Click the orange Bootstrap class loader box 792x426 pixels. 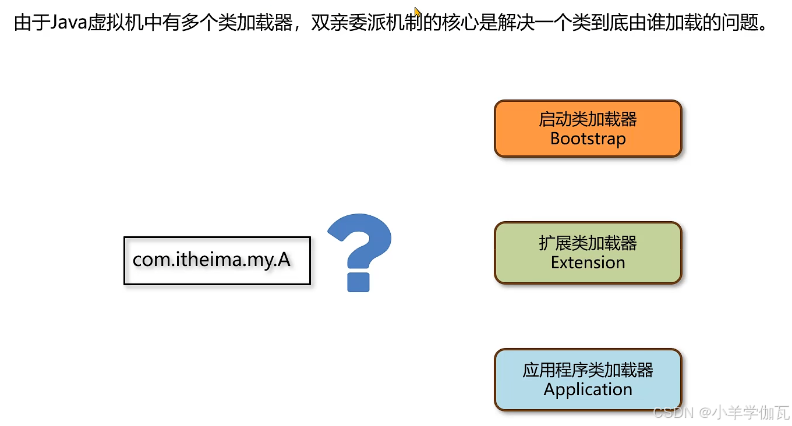click(588, 129)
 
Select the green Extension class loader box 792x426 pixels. click(588, 253)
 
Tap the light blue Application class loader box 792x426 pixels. click(588, 379)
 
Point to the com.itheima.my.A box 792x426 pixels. click(217, 260)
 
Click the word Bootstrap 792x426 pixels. click(588, 139)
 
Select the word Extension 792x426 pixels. click(588, 262)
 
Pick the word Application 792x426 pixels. click(588, 389)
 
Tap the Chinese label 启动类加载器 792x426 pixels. click(588, 119)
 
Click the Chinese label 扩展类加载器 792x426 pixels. click(588, 243)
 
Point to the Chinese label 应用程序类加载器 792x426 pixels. click(588, 370)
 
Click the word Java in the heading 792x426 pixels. click(69, 24)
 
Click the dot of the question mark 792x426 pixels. click(358, 282)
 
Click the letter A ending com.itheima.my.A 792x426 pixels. click(284, 260)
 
